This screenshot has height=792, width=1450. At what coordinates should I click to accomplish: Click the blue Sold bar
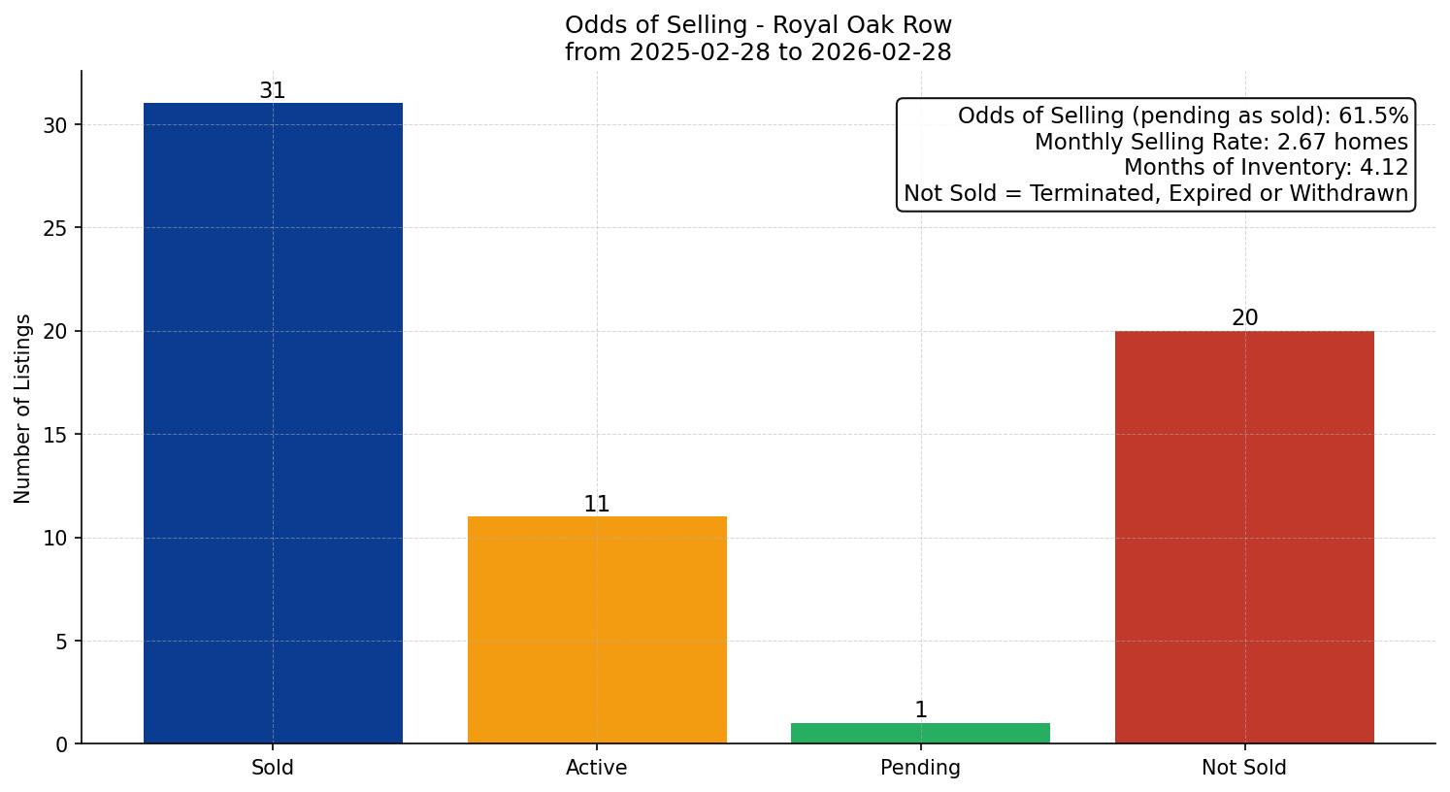(273, 423)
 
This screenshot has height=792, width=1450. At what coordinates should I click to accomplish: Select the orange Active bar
(597, 630)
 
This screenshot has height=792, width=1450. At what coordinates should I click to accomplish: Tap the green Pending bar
(920, 734)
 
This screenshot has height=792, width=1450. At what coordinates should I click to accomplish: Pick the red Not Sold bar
(1244, 537)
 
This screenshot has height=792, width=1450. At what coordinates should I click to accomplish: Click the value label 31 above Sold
(273, 91)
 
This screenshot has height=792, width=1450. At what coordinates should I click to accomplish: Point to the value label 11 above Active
(597, 505)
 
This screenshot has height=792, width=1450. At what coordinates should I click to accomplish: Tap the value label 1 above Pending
(921, 710)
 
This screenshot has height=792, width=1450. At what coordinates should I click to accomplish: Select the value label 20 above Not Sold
(1244, 318)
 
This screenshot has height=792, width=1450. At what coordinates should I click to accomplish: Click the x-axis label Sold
(273, 768)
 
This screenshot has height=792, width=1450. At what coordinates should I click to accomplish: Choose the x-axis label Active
(597, 768)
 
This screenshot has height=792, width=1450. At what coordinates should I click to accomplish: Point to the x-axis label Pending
(920, 768)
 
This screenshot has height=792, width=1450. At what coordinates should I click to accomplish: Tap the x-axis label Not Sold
(1244, 768)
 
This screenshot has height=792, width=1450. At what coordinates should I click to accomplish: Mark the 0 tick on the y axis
(62, 744)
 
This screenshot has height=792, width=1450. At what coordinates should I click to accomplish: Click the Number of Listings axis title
(23, 409)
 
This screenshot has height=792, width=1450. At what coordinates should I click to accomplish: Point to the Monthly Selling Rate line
(1221, 142)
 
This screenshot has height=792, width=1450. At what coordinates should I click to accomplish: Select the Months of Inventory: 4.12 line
(1266, 168)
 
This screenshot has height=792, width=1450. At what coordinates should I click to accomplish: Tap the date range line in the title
(758, 52)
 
